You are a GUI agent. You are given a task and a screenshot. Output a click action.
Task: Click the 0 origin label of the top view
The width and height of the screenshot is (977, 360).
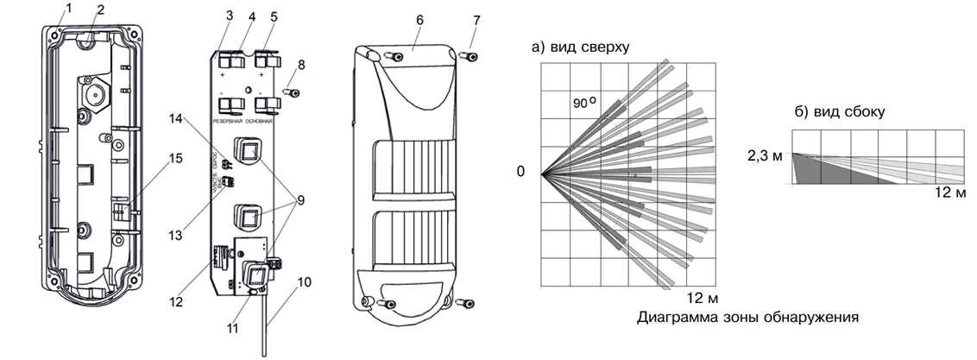pos(520,172)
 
